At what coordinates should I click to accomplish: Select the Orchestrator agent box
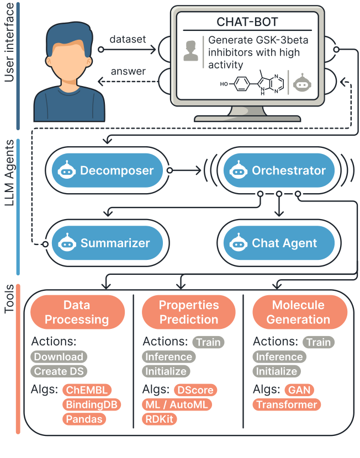coord(278,171)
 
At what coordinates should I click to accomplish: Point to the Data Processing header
coord(77,312)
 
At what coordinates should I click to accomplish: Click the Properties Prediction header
coord(189,312)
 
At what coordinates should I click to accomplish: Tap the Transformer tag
coord(287,404)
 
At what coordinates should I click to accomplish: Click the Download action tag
coord(59,356)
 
